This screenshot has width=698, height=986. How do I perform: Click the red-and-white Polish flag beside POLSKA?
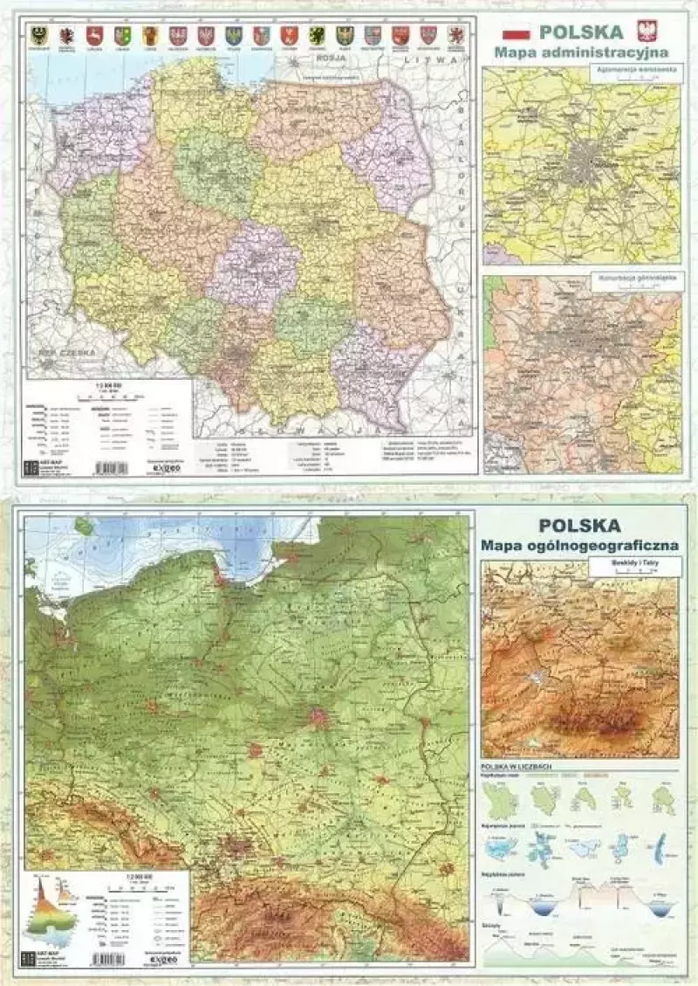[x=517, y=33]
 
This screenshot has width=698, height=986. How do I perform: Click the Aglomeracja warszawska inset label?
[x=646, y=68]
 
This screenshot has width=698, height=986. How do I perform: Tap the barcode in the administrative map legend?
[x=110, y=468]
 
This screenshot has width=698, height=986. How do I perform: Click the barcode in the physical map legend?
[x=110, y=958]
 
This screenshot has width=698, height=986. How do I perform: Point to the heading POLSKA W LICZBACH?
[x=518, y=769]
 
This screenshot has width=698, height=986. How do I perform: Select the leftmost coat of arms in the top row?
[x=38, y=35]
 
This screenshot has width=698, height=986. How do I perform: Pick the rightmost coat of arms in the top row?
[x=455, y=35]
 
